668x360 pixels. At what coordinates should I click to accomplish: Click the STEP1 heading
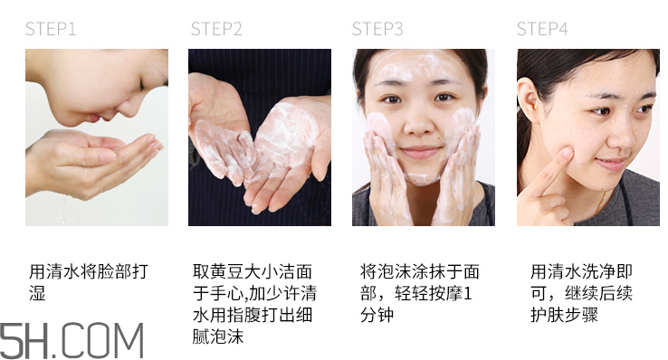(x=51, y=29)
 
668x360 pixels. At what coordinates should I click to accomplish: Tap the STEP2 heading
(x=216, y=29)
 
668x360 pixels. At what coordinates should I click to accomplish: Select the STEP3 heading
(x=377, y=29)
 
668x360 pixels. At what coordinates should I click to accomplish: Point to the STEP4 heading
(x=542, y=29)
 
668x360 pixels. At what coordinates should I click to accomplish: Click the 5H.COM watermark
(x=72, y=340)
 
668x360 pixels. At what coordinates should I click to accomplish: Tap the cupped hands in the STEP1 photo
(x=100, y=158)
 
